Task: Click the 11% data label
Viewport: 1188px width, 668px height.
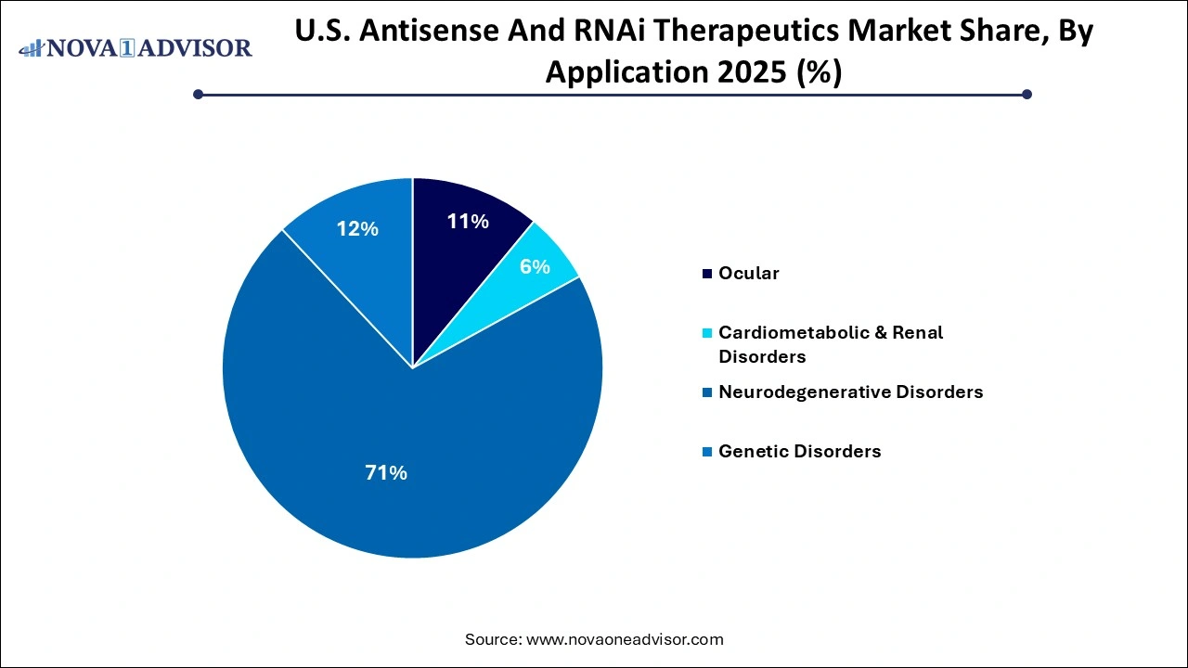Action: (467, 222)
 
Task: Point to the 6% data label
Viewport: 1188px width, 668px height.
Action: (535, 267)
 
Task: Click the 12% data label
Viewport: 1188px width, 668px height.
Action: (357, 228)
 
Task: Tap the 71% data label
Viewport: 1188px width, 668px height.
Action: (385, 473)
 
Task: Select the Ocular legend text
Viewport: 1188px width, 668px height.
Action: (748, 274)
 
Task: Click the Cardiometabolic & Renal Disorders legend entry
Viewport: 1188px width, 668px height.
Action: (830, 344)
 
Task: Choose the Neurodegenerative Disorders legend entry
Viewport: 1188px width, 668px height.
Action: (850, 392)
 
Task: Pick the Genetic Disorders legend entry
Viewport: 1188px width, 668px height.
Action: (799, 452)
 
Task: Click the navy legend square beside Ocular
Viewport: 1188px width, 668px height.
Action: (708, 274)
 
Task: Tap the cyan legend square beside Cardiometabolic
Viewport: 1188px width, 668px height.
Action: (708, 333)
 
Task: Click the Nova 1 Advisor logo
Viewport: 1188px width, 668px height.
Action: (136, 47)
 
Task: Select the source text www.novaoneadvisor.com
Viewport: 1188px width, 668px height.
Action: (625, 639)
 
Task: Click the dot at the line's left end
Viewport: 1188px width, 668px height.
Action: (198, 94)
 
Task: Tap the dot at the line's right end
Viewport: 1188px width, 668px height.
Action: (1027, 94)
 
